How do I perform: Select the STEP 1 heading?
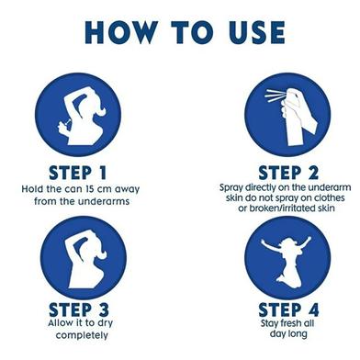point(78,173)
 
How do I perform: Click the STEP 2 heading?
point(288,173)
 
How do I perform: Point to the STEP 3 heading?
point(79,309)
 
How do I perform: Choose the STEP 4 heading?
point(288,309)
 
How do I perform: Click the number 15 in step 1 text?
point(89,189)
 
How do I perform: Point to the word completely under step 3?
point(82,335)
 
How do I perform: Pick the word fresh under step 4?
point(286,323)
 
